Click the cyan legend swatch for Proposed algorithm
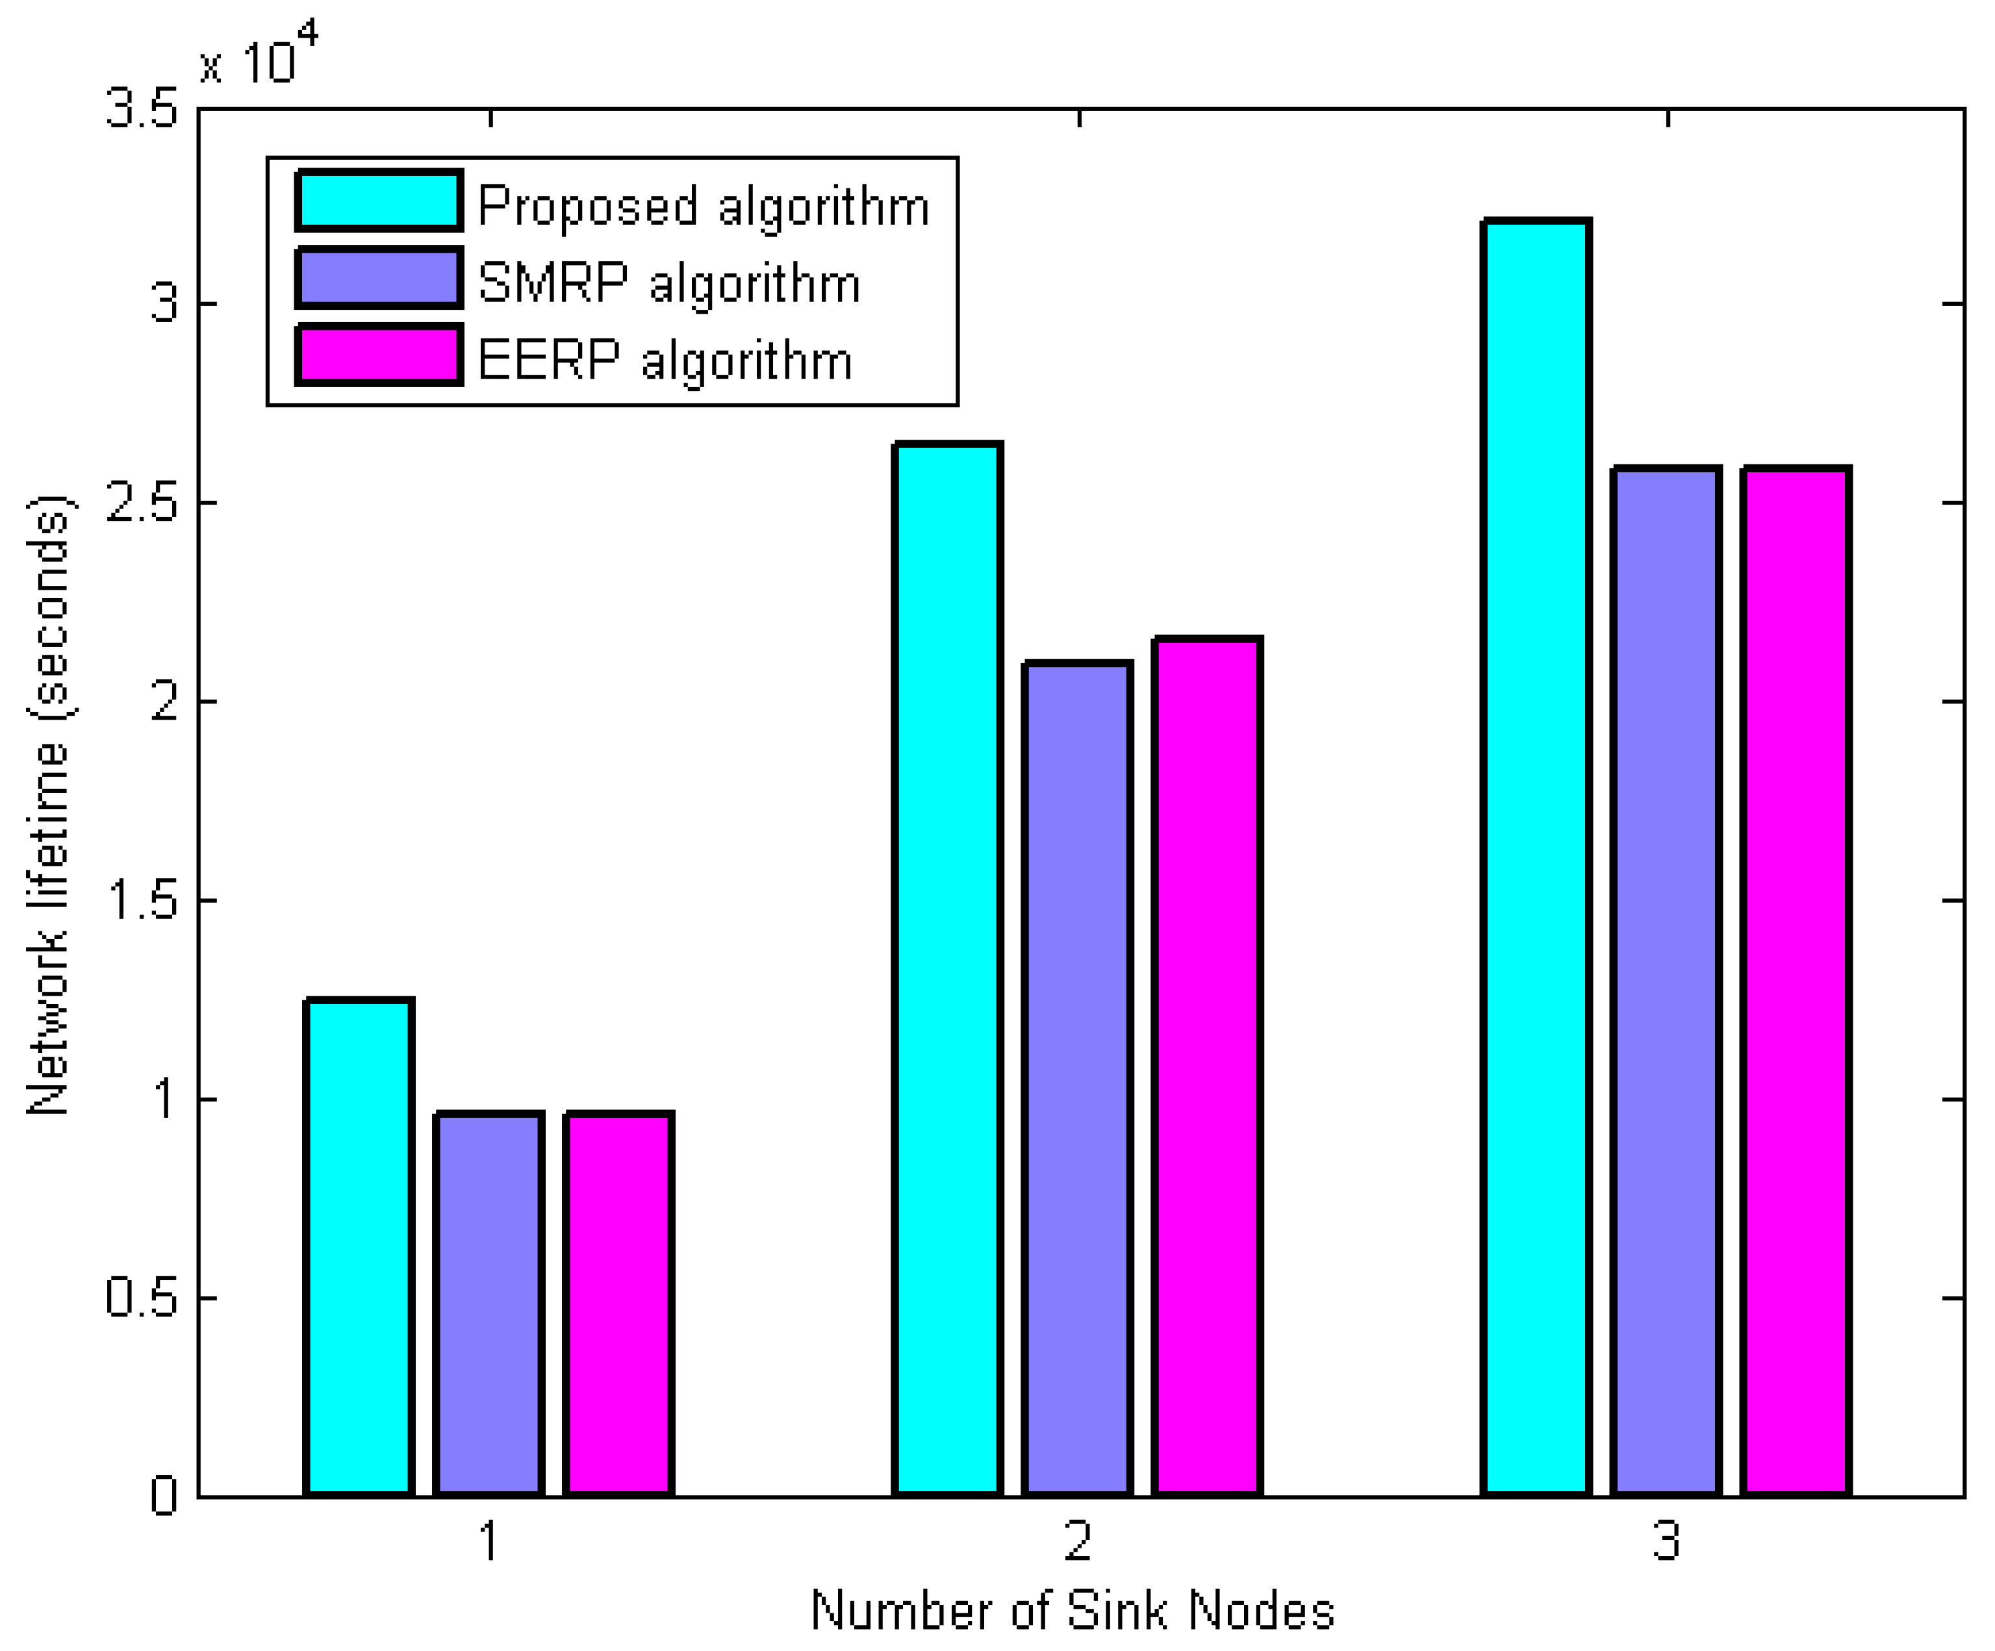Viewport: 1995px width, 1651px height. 379,201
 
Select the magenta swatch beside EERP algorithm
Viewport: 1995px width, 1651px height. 379,355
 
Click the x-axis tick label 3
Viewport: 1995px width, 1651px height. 1667,1541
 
